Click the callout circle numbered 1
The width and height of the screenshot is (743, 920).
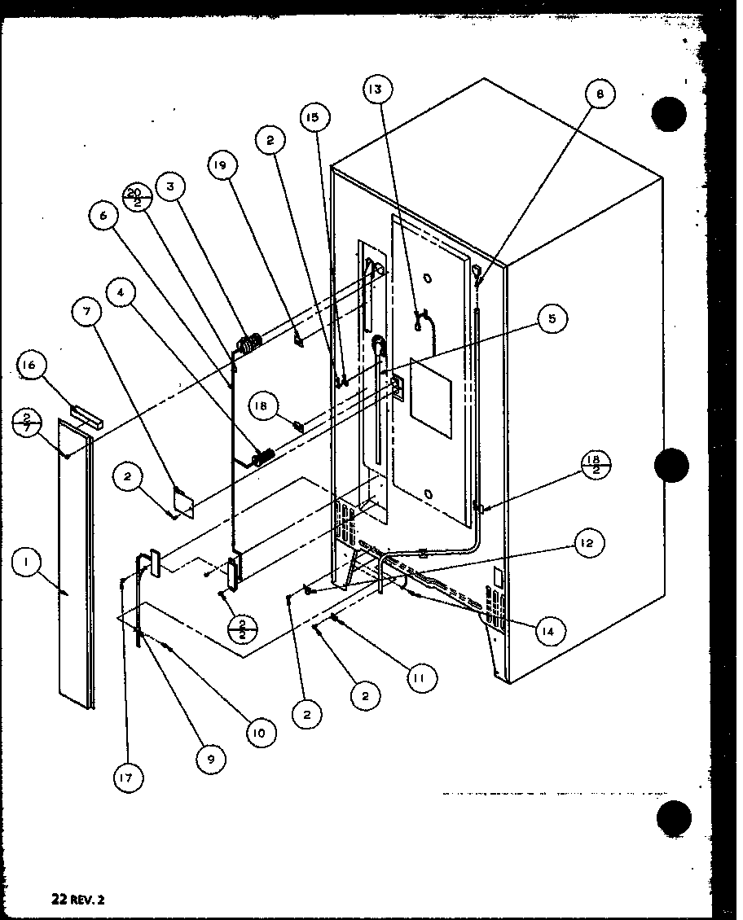(x=27, y=562)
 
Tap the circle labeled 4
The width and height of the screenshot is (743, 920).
(x=120, y=293)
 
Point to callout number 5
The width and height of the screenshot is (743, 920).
(x=552, y=319)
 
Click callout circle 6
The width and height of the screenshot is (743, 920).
(x=103, y=216)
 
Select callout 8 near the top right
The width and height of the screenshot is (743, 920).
(x=600, y=94)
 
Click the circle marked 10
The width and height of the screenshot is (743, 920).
(x=258, y=732)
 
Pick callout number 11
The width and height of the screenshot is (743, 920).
(x=420, y=677)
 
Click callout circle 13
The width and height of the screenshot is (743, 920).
(x=377, y=90)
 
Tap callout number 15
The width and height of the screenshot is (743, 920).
(x=314, y=117)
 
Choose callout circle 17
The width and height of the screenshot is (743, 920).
(x=128, y=779)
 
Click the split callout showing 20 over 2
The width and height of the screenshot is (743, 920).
(x=134, y=196)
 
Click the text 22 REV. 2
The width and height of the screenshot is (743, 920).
(x=77, y=900)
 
